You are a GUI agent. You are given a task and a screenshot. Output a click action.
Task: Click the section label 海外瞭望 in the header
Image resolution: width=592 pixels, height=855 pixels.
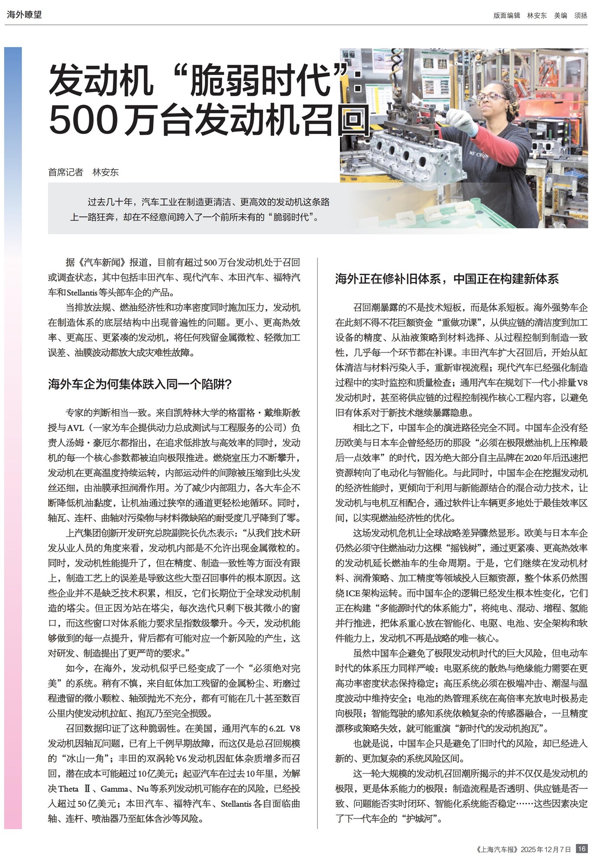click(x=24, y=14)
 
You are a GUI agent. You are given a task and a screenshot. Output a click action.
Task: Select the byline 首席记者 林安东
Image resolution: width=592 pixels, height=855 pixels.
click(x=83, y=172)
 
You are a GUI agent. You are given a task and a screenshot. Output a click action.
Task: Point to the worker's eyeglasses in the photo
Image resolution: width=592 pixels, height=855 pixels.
click(x=491, y=97)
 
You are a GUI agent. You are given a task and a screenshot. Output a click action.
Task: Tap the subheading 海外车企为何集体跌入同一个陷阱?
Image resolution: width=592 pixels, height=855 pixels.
click(x=140, y=384)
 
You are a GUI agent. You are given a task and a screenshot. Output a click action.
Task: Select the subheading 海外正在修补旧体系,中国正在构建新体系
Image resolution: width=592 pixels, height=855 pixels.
click(x=447, y=279)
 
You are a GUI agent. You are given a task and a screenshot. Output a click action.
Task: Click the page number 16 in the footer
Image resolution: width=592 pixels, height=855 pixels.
click(x=582, y=849)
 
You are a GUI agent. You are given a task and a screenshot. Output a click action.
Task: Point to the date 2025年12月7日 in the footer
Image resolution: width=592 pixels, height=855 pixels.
click(x=546, y=849)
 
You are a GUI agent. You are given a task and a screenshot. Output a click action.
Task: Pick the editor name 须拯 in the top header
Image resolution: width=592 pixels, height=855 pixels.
click(x=581, y=15)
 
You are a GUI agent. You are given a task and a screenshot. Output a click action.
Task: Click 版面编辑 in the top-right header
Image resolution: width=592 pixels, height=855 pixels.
click(x=506, y=15)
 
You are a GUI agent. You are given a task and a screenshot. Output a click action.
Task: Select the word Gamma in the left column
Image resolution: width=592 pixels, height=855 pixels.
click(x=115, y=789)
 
